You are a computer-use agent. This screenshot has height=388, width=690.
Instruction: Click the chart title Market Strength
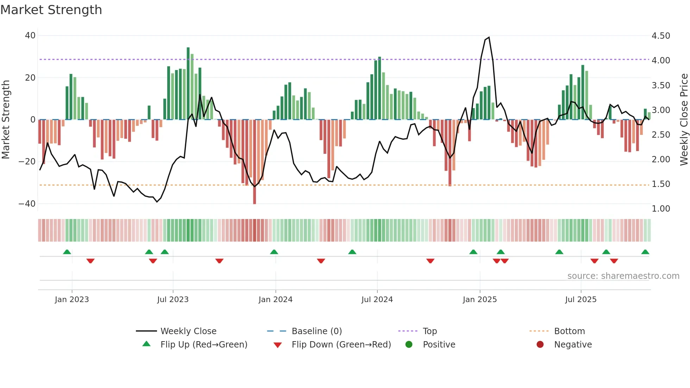click(x=51, y=10)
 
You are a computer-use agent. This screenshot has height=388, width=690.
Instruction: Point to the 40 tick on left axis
click(x=30, y=36)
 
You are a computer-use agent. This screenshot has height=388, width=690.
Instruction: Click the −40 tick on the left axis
click(x=27, y=204)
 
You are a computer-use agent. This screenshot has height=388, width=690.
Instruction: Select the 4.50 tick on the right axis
click(x=661, y=36)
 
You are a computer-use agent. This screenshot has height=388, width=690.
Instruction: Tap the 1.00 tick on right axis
click(x=661, y=209)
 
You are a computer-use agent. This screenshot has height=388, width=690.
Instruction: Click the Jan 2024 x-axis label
click(x=275, y=300)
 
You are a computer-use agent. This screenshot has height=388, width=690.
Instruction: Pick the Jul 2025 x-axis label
click(x=581, y=300)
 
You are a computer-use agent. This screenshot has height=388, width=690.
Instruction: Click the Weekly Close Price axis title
click(x=684, y=119)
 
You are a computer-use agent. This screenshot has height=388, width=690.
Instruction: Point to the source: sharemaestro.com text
click(x=623, y=276)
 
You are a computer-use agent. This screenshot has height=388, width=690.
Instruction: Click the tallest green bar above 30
click(x=188, y=83)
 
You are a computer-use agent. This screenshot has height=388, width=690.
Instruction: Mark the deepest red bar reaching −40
click(x=255, y=162)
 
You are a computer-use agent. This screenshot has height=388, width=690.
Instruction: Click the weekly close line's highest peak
click(x=489, y=37)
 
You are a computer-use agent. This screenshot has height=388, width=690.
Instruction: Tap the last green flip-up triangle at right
click(x=645, y=252)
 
